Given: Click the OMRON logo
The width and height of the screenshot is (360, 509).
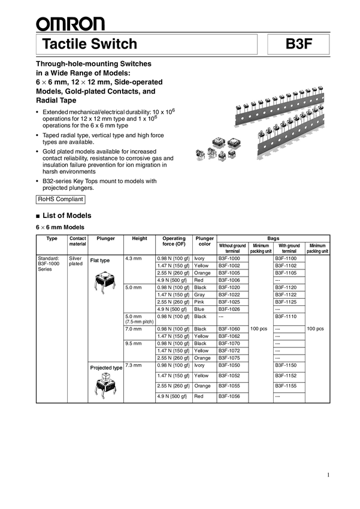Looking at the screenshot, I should click(69, 24).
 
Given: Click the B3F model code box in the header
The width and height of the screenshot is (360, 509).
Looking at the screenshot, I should click(300, 44).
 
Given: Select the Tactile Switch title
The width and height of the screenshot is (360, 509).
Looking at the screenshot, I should click(90, 44).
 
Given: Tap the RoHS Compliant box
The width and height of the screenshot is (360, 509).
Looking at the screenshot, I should click(60, 199).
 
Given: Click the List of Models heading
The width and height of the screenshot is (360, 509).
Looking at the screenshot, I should click(66, 216).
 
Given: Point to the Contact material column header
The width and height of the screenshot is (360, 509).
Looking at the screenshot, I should click(77, 241).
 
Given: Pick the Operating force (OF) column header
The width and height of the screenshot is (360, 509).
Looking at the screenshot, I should click(174, 241).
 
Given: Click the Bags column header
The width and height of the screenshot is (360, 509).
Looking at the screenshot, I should click(273, 238).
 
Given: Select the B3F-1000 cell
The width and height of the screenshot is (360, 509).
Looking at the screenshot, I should click(229, 258).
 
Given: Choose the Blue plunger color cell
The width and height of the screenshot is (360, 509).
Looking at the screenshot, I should click(201, 308).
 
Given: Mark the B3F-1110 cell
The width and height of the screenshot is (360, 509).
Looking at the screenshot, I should click(286, 316).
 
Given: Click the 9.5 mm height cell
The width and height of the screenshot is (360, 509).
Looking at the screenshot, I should click(132, 344).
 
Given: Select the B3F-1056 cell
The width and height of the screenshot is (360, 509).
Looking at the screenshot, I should click(229, 396).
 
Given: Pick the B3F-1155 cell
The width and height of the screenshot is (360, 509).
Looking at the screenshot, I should click(286, 386).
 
